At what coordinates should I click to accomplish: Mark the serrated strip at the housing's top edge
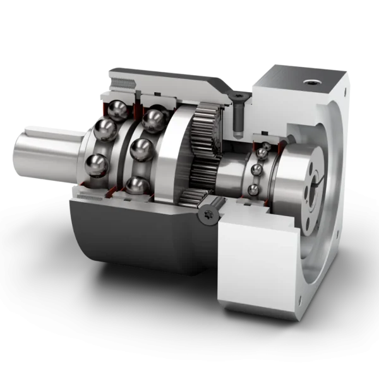pos(126,82)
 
